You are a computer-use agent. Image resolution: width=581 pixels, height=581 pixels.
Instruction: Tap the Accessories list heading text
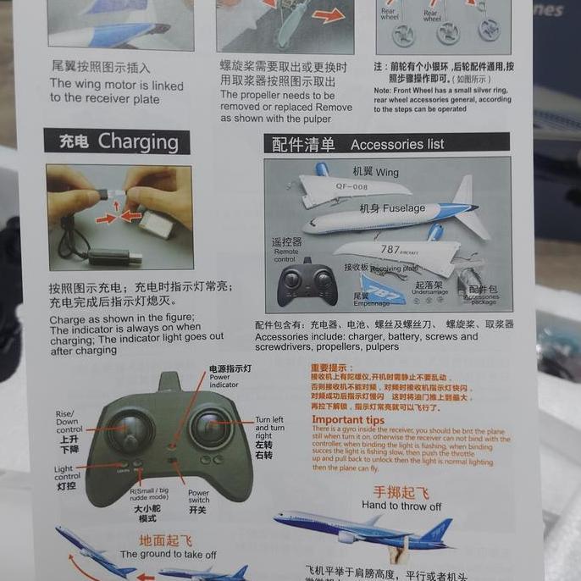tap(397, 145)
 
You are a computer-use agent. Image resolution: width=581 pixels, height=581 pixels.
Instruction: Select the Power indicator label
tap(224, 381)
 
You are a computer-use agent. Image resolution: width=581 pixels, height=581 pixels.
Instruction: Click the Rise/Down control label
tap(68, 422)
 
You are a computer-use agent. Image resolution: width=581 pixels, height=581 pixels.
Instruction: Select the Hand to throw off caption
tap(401, 506)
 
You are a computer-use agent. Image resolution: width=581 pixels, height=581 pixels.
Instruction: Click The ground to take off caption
tap(168, 555)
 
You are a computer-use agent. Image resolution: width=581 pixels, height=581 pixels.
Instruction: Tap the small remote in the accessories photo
tap(307, 282)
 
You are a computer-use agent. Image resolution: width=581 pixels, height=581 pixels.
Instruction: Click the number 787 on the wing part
tap(390, 250)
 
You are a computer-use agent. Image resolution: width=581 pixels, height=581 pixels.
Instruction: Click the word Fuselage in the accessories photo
tap(404, 208)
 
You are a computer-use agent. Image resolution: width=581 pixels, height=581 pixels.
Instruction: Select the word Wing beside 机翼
tap(387, 173)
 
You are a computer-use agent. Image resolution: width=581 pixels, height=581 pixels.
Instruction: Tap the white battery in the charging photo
tap(158, 224)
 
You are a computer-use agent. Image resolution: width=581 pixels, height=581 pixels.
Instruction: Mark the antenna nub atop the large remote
tap(169, 382)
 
